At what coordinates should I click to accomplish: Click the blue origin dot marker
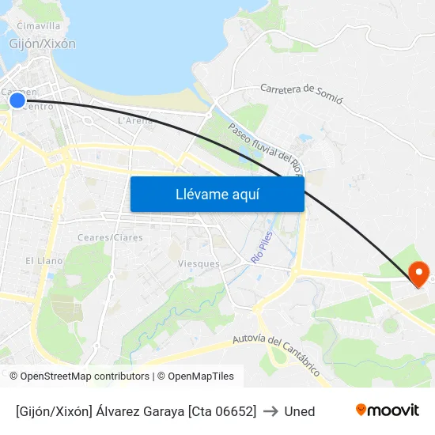coord(17,100)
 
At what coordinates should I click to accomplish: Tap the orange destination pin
coord(419,274)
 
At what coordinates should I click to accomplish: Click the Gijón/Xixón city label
coord(42,44)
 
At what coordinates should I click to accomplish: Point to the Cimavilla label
coord(38,26)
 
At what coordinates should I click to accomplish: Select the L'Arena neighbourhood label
coord(134,121)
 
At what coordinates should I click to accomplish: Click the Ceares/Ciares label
coord(110,237)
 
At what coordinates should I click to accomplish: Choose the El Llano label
coord(43,260)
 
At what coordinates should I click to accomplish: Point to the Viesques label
coord(199,263)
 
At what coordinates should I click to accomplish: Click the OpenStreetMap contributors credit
coord(85,376)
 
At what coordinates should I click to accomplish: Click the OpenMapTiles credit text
coord(201,376)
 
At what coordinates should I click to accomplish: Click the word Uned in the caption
coord(300,411)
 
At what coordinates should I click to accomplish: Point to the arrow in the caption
coord(270,411)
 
